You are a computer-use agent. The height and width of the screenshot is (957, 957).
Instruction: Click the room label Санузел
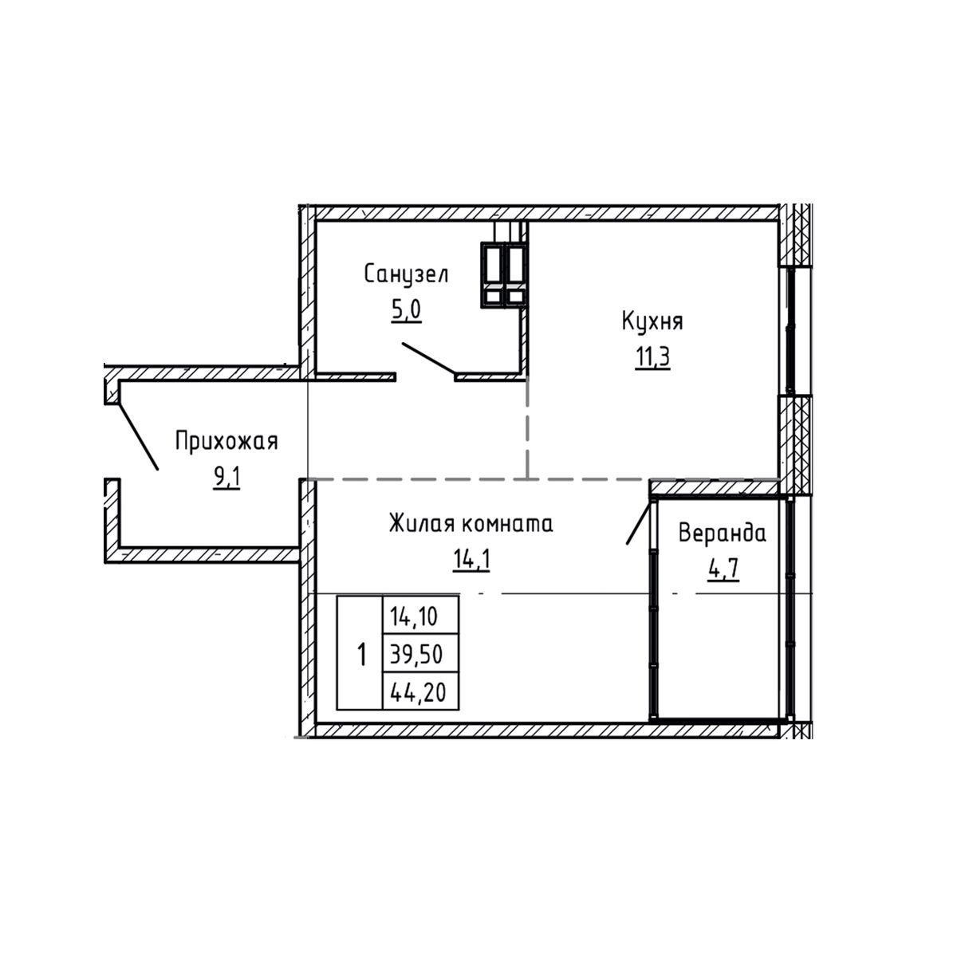click(406, 275)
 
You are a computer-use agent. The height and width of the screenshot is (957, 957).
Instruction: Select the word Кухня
click(652, 322)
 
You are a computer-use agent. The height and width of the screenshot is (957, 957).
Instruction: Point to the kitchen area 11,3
click(652, 358)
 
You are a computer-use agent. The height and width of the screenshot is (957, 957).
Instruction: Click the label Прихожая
click(226, 440)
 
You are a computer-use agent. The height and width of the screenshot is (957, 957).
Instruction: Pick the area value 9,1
click(226, 477)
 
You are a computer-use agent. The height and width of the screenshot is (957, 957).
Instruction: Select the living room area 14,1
click(471, 560)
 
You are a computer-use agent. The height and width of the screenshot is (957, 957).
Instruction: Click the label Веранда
click(722, 534)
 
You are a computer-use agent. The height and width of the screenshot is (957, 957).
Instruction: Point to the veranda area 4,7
click(723, 571)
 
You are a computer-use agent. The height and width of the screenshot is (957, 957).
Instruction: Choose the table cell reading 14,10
click(420, 616)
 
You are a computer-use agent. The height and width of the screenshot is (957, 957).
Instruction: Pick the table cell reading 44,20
click(420, 691)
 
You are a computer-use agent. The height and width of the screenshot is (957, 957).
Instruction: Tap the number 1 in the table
click(361, 655)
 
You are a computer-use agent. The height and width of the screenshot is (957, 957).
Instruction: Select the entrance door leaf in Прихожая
click(137, 436)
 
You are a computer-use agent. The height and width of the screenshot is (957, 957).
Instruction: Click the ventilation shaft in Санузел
click(503, 274)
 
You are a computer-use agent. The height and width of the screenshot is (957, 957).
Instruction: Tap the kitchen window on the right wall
click(790, 331)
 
